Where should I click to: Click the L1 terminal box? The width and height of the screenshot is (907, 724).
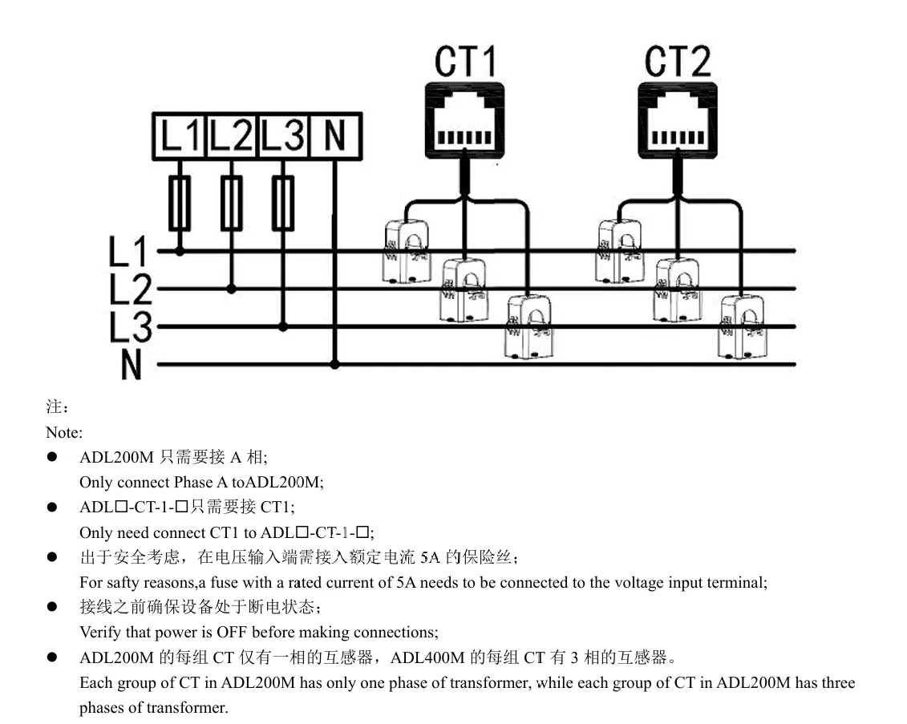pyautogui.click(x=180, y=135)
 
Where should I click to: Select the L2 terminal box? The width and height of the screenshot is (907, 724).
pyautogui.click(x=231, y=135)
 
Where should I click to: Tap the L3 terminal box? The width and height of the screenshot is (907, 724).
pyautogui.click(x=282, y=135)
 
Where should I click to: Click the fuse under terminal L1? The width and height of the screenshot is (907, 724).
pyautogui.click(x=180, y=204)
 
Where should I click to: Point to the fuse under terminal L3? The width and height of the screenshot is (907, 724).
pyautogui.click(x=282, y=204)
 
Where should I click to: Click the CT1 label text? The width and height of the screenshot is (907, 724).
pyautogui.click(x=465, y=62)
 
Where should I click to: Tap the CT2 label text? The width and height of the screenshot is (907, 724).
pyautogui.click(x=678, y=62)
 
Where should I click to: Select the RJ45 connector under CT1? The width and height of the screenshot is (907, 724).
pyautogui.click(x=464, y=119)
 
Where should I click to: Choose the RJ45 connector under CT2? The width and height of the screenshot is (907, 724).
pyautogui.click(x=677, y=119)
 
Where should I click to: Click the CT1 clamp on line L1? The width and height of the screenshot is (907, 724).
pyautogui.click(x=407, y=252)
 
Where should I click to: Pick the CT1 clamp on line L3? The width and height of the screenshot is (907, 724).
pyautogui.click(x=527, y=326)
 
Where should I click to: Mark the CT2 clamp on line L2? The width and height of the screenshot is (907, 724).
pyautogui.click(x=677, y=289)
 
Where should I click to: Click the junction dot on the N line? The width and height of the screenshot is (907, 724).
pyautogui.click(x=335, y=364)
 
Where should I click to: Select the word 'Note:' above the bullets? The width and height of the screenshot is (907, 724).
pyautogui.click(x=64, y=433)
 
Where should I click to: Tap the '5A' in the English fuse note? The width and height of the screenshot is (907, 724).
pyautogui.click(x=407, y=583)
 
